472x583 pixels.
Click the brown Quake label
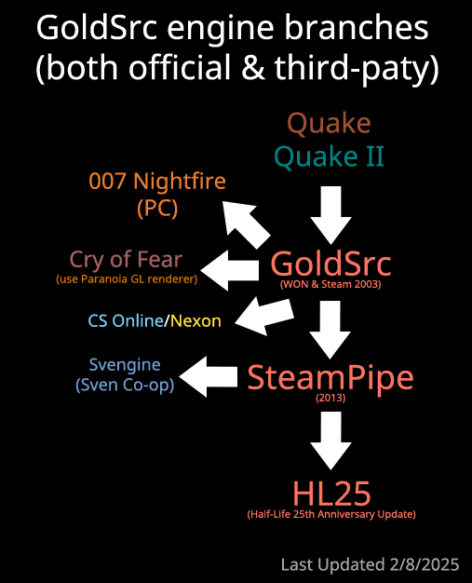[330, 124]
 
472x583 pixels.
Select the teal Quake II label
[329, 156]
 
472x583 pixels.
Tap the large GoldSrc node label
[330, 264]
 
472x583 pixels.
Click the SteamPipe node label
[330, 378]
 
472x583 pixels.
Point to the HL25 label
[331, 494]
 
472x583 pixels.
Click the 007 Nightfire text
[157, 182]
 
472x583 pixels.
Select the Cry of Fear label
[126, 260]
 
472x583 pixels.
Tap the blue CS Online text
[126, 321]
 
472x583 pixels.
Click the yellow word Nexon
[196, 321]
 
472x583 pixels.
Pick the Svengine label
[125, 365]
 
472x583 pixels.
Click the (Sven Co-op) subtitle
[125, 385]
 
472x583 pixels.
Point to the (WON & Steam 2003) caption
[330, 284]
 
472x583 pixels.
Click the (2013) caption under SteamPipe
[330, 398]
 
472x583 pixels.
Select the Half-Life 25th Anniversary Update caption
[331, 514]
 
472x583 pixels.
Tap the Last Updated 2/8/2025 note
[371, 564]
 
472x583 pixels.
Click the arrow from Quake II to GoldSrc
[330, 215]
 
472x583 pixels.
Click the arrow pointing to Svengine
[209, 376]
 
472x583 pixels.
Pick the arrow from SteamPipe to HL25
[330, 441]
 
